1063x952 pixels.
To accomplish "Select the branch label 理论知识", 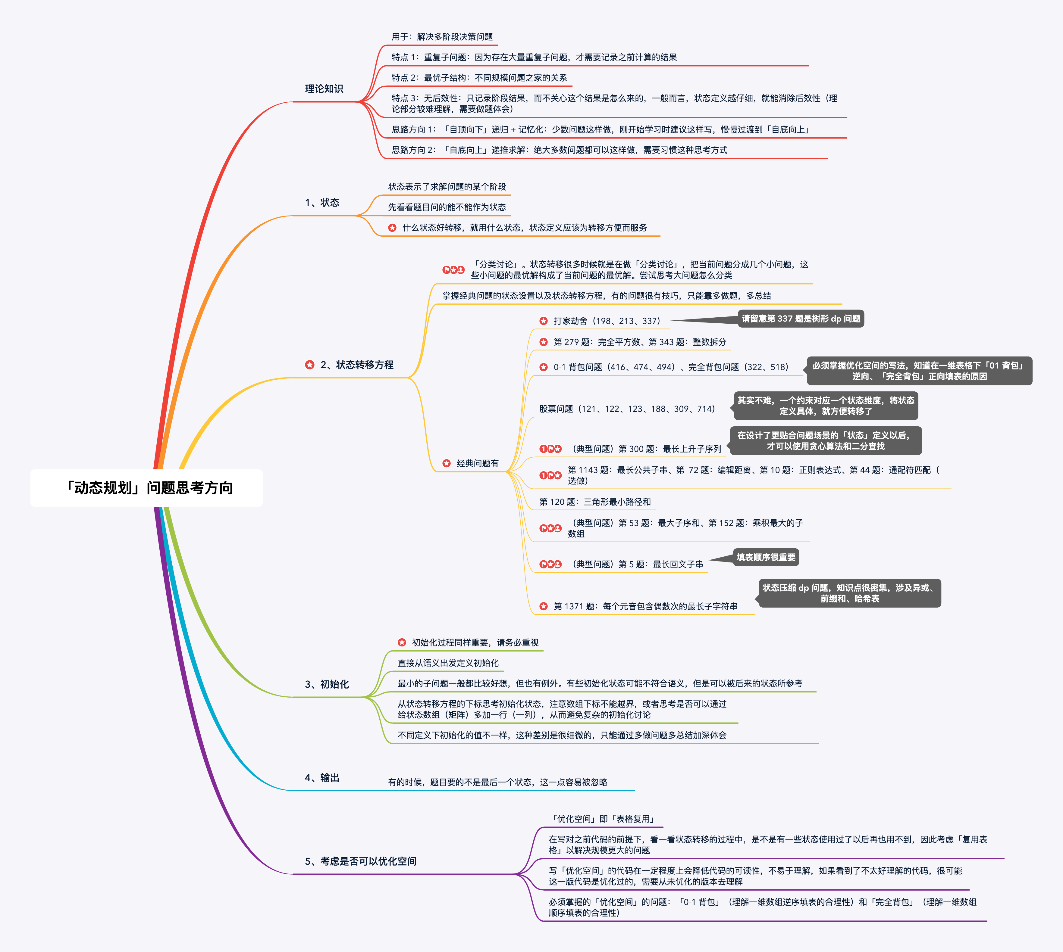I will pyautogui.click(x=324, y=89).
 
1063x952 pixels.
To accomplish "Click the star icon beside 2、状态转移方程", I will pyautogui.click(x=310, y=365).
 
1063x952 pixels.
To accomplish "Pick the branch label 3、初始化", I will pyautogui.click(x=327, y=684).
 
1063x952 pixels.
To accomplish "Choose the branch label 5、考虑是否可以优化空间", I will pyautogui.click(x=361, y=861).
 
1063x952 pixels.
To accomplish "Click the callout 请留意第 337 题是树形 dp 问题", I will pyautogui.click(x=801, y=319).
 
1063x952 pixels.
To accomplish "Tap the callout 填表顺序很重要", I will pyautogui.click(x=766, y=557).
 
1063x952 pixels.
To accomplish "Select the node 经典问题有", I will pyautogui.click(x=477, y=463).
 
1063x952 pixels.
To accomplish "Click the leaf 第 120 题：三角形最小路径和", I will pyautogui.click(x=595, y=502).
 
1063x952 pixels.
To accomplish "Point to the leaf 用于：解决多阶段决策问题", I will pyautogui.click(x=442, y=37).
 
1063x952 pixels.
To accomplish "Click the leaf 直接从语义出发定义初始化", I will pyautogui.click(x=448, y=663).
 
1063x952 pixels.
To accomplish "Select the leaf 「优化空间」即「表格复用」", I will pyautogui.click(x=602, y=819).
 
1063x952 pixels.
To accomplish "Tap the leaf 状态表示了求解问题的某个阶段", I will pyautogui.click(x=447, y=187).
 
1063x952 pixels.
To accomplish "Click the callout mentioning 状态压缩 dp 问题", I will pyautogui.click(x=849, y=593).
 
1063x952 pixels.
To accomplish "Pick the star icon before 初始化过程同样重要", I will pyautogui.click(x=402, y=642).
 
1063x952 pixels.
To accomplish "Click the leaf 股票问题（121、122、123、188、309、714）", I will pyautogui.click(x=627, y=409).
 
